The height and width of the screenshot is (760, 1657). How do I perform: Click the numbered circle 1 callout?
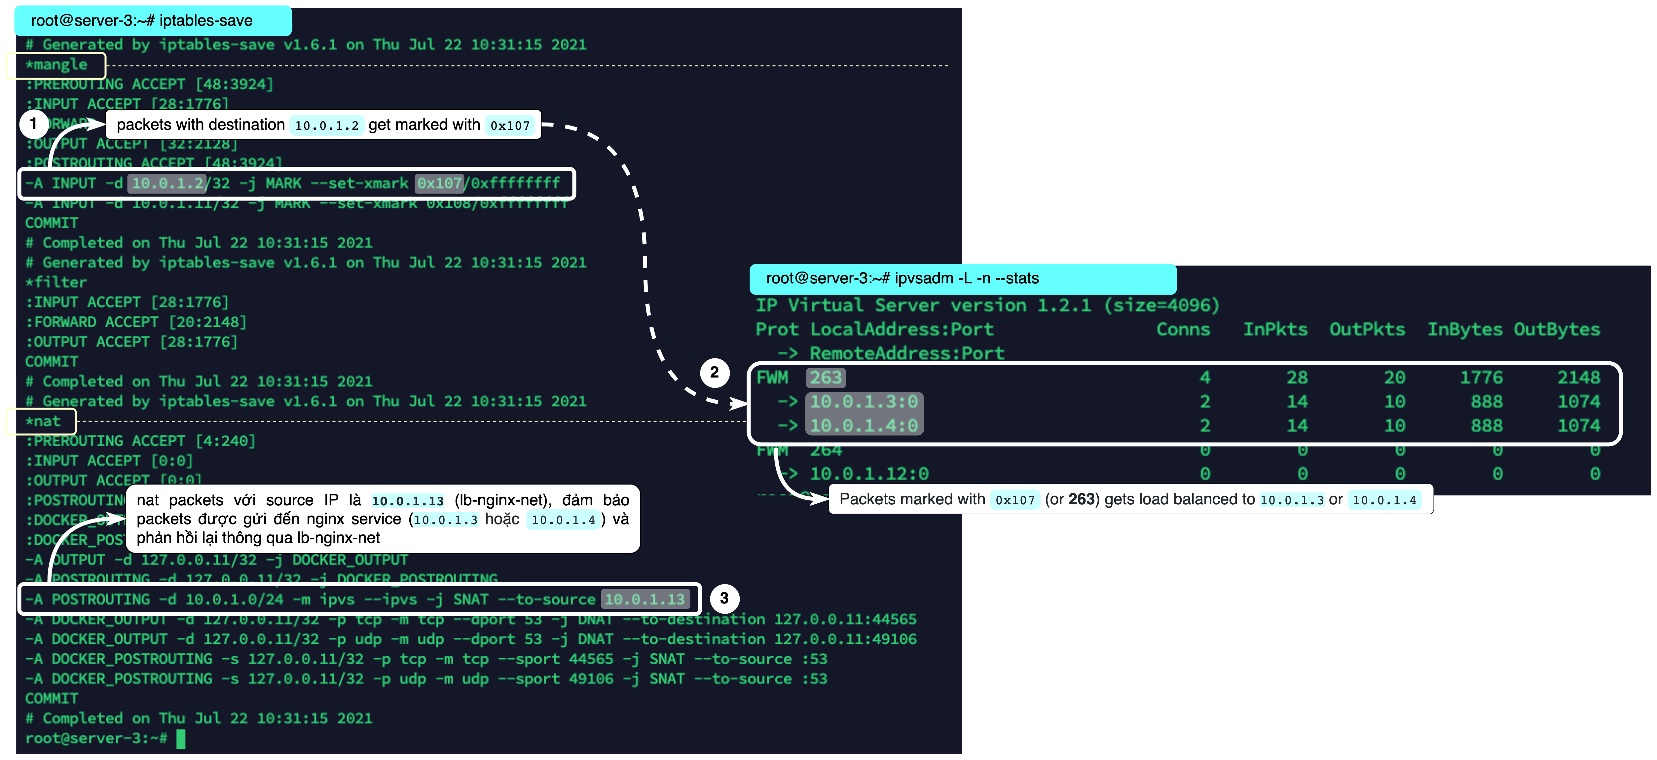(x=33, y=124)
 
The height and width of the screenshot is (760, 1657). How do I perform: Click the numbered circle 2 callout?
(x=714, y=372)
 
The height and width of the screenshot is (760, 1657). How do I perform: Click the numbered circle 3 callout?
(x=724, y=598)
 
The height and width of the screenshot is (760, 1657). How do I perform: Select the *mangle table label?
(x=56, y=65)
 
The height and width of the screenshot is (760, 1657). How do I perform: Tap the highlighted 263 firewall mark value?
(x=826, y=378)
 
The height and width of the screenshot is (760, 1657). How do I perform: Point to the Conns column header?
(x=1183, y=329)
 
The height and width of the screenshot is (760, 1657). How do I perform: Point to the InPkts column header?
(x=1275, y=329)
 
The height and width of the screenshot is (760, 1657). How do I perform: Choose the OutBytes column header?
(x=1557, y=329)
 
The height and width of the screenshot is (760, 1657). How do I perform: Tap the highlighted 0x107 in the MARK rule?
(x=439, y=183)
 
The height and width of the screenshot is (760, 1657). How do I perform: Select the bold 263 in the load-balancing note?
(x=1081, y=500)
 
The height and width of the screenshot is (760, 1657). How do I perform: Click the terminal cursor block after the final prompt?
(x=181, y=739)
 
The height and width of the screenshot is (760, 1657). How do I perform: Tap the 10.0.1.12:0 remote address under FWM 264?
(x=869, y=474)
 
